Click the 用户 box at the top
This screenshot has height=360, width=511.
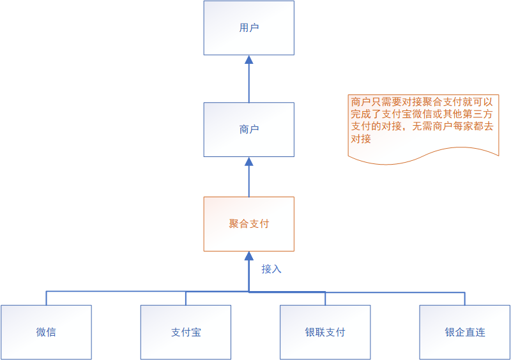249,27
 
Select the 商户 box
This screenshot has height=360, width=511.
249,130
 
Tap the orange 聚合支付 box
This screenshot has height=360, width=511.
249,223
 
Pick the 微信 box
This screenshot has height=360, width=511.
46,332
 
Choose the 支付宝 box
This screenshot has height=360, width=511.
186,332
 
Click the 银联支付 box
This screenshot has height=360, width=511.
325,332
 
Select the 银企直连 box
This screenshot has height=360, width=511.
465,332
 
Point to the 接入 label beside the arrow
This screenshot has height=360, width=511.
271,269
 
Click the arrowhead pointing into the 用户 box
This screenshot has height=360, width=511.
249,60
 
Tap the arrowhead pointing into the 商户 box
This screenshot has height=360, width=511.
249,161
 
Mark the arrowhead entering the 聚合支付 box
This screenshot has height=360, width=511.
249,256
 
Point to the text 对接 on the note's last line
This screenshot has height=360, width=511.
361,139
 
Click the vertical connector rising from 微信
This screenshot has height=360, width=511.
46,298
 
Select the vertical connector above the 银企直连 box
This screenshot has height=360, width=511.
465,298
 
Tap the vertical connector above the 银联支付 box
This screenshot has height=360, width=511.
325,298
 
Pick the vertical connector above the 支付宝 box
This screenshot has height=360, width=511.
186,298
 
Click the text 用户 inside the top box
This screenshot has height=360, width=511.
249,27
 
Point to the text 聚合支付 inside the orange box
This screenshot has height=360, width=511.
249,223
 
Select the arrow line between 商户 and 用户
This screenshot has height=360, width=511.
249,83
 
